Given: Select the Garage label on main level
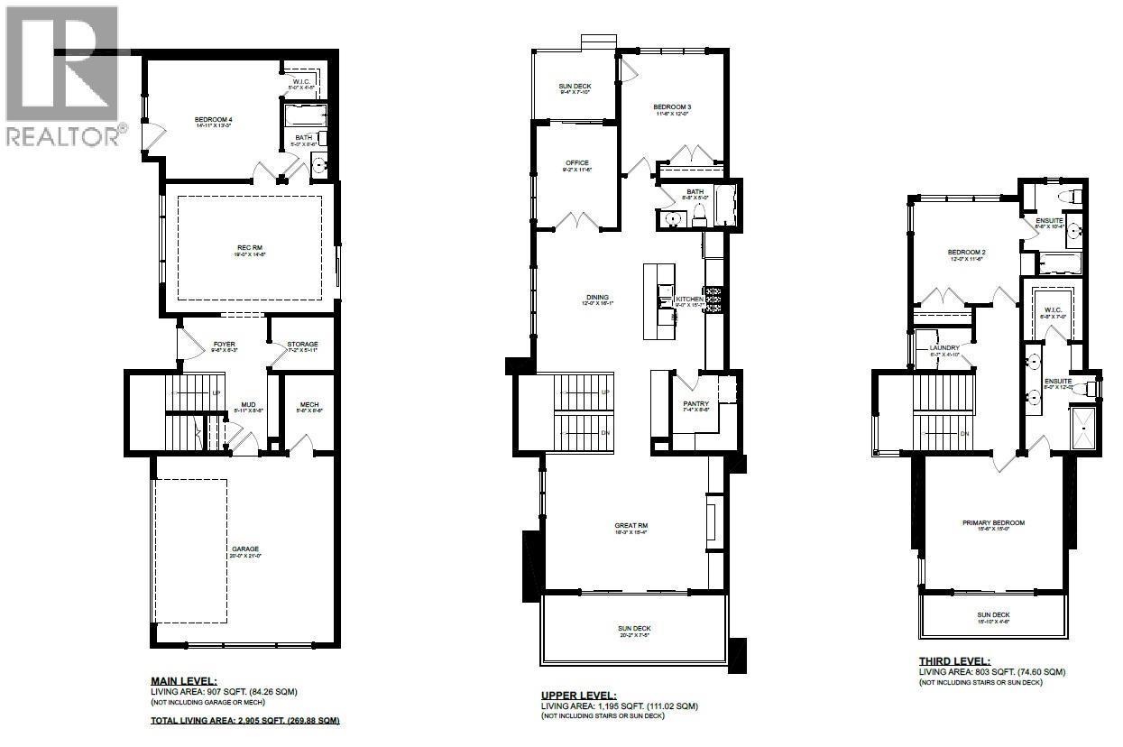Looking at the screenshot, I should coord(244,549).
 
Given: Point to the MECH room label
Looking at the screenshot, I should coord(302,403).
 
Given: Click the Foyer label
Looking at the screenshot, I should coord(224,344).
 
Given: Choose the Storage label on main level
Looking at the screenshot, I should coord(302,344).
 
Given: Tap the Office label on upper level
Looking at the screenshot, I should coord(577,162).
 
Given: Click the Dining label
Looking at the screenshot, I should coord(597,297).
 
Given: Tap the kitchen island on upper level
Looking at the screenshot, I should coord(658,300).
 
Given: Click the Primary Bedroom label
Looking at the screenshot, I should coord(993,522).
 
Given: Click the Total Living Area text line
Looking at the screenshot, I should coord(244,721).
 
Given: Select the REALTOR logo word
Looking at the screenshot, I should coord(63,136).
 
